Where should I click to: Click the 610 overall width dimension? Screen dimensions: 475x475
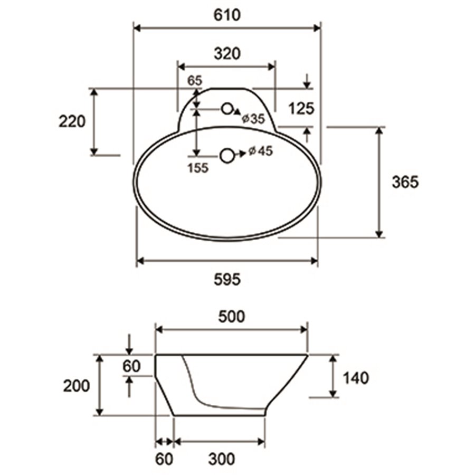pos(227,15)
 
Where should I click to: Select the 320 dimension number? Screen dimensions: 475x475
pos(227,54)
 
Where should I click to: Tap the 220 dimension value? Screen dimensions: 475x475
pos(72,122)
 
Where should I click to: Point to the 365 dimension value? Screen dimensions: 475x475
pos(405,182)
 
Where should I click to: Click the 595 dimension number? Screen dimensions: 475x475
pos(227,279)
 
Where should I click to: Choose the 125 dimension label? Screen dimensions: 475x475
pos(301,108)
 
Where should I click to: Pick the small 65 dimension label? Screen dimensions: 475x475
pos(194,81)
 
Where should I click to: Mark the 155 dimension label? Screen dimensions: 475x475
pos(198,168)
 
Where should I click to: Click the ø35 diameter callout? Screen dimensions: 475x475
pos(253,119)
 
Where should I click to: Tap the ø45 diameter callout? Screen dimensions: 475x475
pos(261,151)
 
